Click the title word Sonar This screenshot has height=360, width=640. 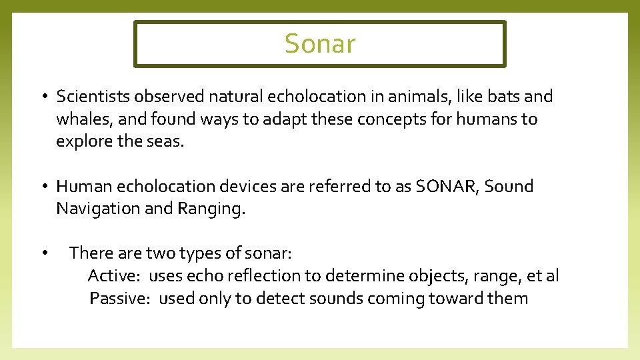(x=320, y=44)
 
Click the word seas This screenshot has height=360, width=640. (x=164, y=141)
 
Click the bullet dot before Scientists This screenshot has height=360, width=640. (x=42, y=97)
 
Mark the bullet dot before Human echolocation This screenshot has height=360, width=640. (x=42, y=187)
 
